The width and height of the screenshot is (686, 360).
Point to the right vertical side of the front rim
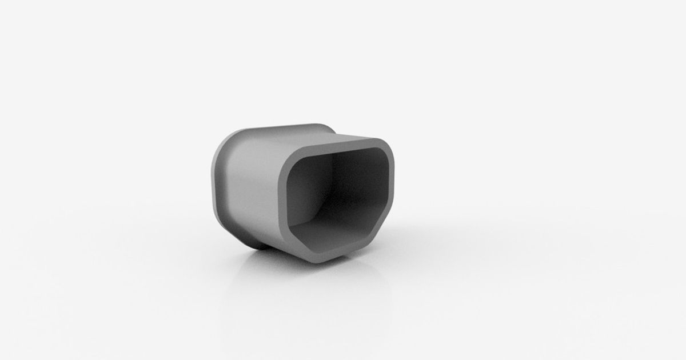coord(390,189)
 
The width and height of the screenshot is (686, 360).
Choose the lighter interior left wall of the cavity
coord(303,194)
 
